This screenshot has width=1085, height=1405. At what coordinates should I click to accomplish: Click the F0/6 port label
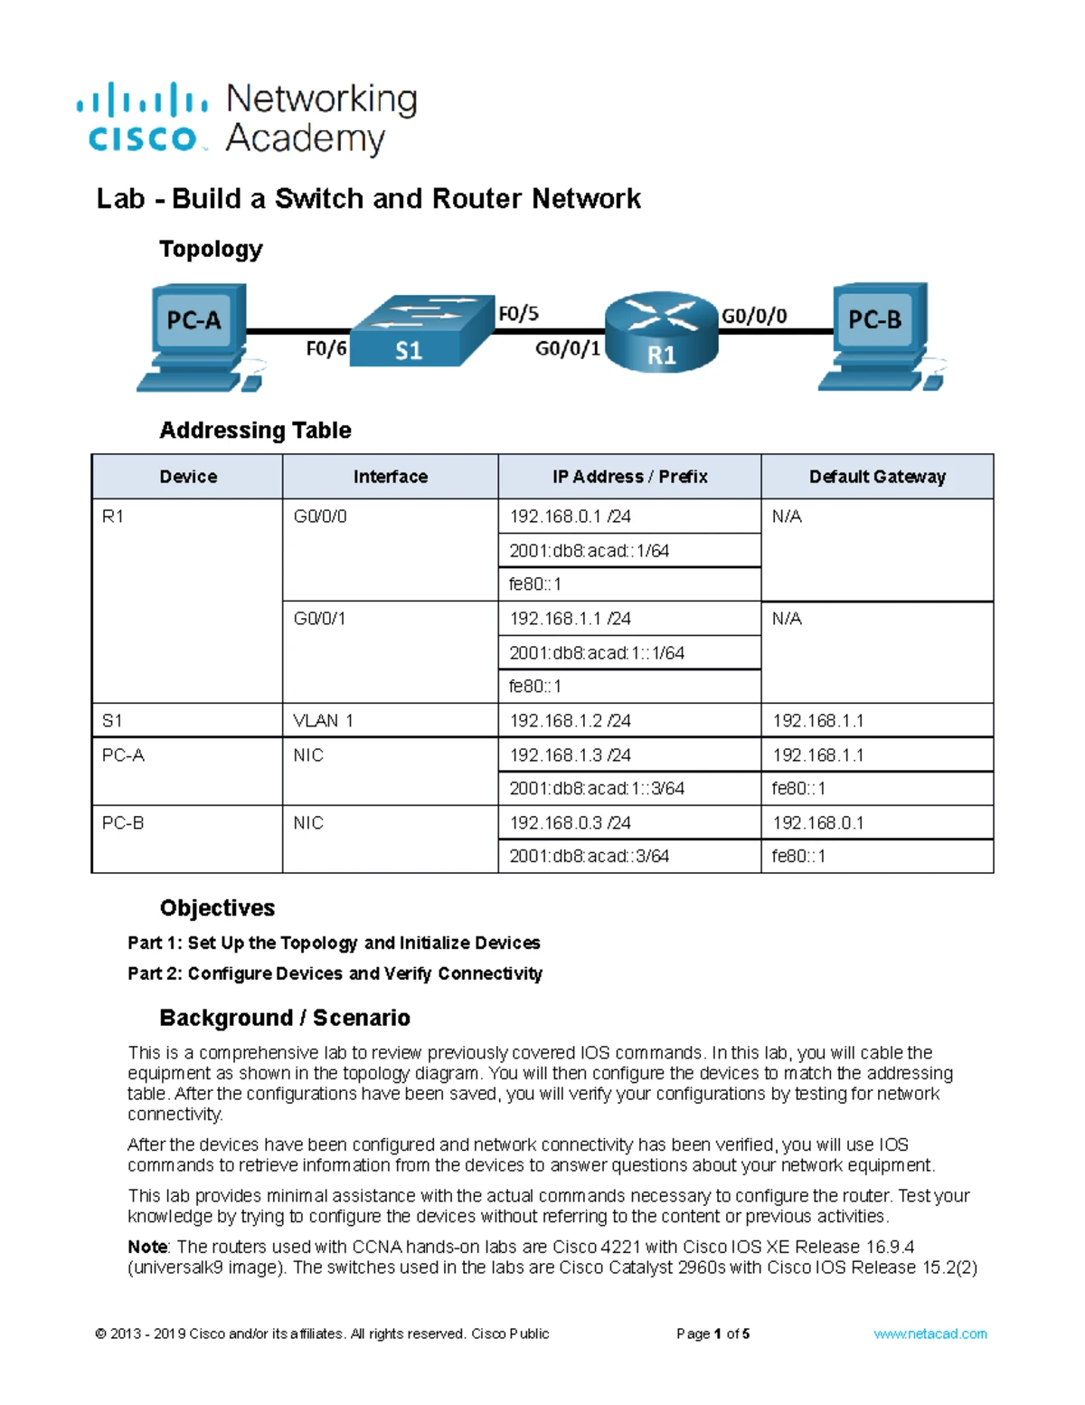click(x=325, y=348)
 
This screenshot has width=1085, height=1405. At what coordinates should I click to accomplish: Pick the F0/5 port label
click(x=519, y=314)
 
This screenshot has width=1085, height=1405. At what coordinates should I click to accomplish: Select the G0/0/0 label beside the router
click(x=753, y=316)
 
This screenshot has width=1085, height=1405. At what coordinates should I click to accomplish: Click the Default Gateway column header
click(x=877, y=477)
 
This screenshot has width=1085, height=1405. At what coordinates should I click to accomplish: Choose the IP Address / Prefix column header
click(x=629, y=477)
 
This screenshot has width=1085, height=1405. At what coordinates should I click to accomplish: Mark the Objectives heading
click(x=217, y=908)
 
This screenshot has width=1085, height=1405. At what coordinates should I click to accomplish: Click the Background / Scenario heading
click(x=285, y=1018)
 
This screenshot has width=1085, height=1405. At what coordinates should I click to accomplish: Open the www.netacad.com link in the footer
click(x=929, y=1334)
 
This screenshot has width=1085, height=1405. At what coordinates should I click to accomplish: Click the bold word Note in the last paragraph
click(x=147, y=1247)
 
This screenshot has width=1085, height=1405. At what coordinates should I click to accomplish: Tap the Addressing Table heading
click(x=255, y=431)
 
